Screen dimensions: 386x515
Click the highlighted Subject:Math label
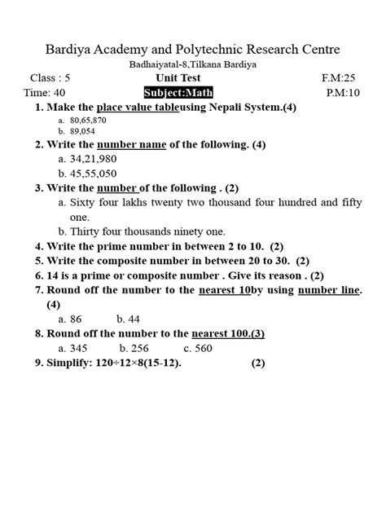pos(178,93)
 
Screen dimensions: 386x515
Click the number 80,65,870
pos(89,119)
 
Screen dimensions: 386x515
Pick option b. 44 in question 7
pos(128,319)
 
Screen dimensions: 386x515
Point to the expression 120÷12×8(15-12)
pos(132,363)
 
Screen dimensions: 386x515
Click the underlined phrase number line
pos(328,290)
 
